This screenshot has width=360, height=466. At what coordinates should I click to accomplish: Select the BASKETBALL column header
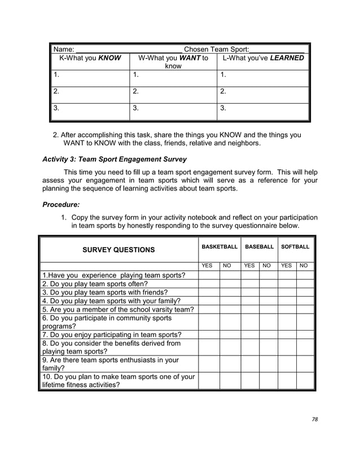pyautogui.click(x=219, y=247)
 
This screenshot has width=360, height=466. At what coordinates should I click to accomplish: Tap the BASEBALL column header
pyautogui.click(x=259, y=247)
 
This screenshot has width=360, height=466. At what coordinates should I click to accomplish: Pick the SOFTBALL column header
pyautogui.click(x=296, y=247)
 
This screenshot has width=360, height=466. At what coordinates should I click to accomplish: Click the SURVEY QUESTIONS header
pyautogui.click(x=118, y=249)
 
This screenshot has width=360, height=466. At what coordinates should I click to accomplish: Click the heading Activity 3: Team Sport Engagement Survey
pyautogui.click(x=115, y=159)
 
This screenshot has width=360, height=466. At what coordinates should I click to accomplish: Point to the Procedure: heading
pyautogui.click(x=61, y=204)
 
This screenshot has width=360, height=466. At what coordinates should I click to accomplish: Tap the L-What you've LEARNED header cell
pyautogui.click(x=263, y=58)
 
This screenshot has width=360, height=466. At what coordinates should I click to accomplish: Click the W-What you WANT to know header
pyautogui.click(x=173, y=62)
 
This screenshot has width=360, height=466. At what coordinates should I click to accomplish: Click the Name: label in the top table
pyautogui.click(x=63, y=49)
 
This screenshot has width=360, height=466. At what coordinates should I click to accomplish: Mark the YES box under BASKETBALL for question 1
pyautogui.click(x=208, y=275)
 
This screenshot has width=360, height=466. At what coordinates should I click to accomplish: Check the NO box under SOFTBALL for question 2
pyautogui.click(x=305, y=284)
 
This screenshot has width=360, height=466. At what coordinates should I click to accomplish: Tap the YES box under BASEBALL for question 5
pyautogui.click(x=249, y=309)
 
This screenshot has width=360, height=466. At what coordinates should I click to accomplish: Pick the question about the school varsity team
pyautogui.click(x=118, y=309)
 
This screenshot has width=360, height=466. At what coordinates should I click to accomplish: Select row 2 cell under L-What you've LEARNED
pyautogui.click(x=263, y=94)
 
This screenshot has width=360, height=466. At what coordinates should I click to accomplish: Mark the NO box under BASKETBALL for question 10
pyautogui.click(x=230, y=380)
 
